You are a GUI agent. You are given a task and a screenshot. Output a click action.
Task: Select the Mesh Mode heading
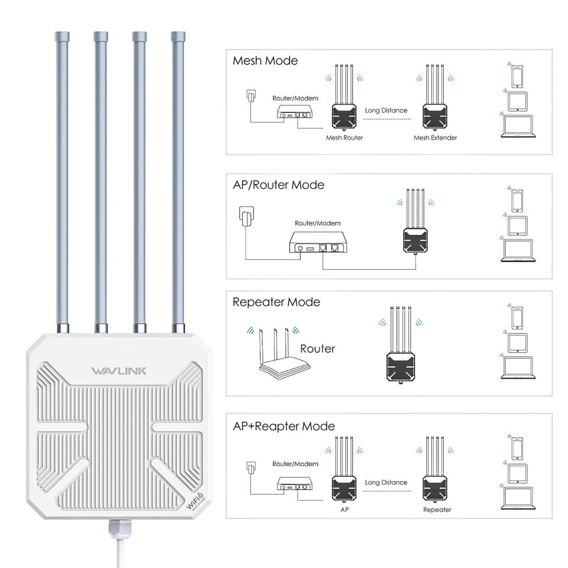tap(265, 61)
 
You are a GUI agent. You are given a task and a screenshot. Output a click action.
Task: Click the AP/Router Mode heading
tap(278, 185)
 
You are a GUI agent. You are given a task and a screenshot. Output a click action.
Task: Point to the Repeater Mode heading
tap(276, 302)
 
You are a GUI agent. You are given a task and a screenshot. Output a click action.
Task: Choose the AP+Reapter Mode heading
tap(283, 427)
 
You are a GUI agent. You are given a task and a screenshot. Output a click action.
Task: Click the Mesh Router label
tap(344, 138)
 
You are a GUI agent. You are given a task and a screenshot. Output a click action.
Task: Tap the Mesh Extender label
tap(435, 138)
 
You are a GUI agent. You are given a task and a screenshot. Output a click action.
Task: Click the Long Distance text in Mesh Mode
tap(386, 110)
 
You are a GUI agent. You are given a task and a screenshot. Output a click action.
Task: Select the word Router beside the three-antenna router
tap(317, 348)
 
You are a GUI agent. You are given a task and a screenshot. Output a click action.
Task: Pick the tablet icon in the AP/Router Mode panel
tap(517, 225)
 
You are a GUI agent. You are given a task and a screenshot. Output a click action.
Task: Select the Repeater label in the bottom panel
tap(437, 509)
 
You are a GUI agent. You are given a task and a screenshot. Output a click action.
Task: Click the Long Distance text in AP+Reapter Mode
tap(386, 483)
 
